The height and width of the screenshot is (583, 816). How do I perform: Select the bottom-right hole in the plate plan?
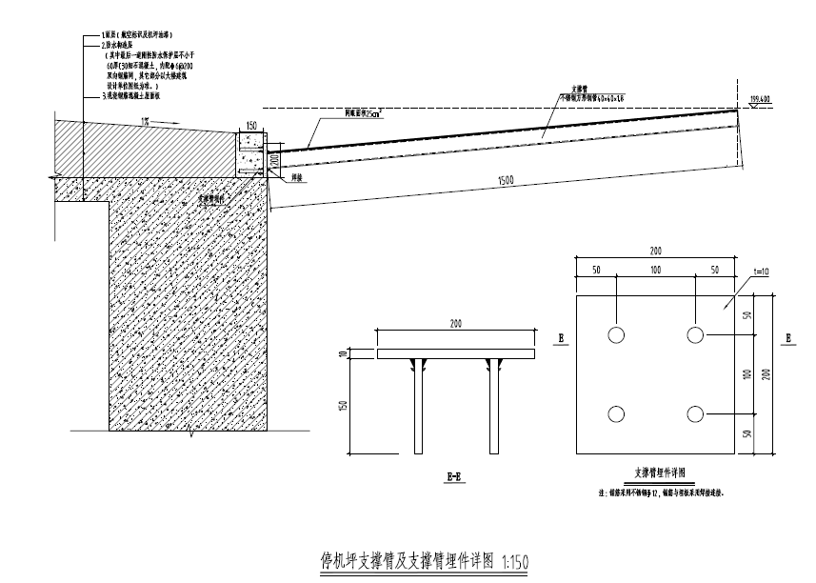click(x=696, y=413)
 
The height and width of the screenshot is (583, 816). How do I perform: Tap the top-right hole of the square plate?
click(x=696, y=335)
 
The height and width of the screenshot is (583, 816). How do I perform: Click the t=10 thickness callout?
click(x=736, y=272)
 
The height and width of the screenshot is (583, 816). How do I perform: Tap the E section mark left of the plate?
click(x=561, y=338)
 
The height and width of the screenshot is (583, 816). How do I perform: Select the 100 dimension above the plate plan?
click(x=656, y=271)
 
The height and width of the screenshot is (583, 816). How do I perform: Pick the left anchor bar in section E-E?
click(x=417, y=406)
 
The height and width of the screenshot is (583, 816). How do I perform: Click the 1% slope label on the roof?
click(x=145, y=120)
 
